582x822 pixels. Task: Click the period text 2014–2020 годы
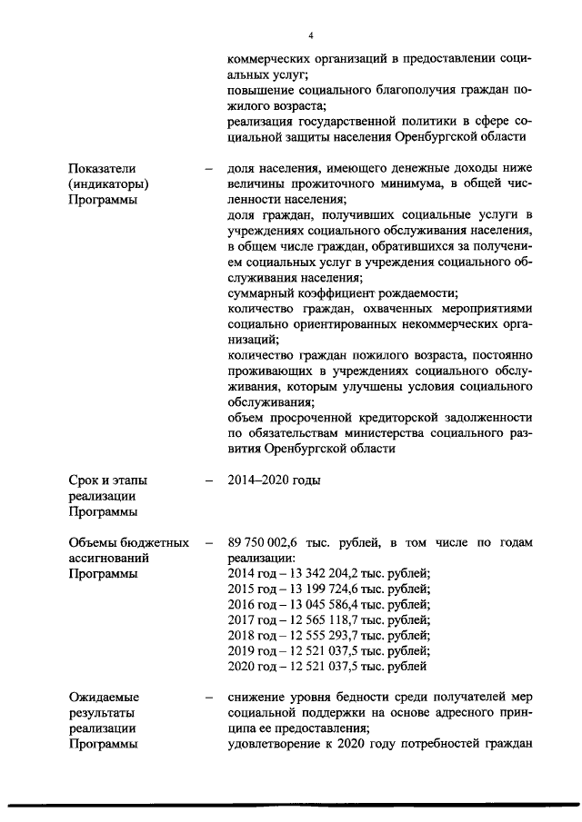(274, 480)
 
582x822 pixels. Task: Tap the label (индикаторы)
(108, 183)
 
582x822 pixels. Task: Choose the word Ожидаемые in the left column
(104, 698)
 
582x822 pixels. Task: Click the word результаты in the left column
(103, 713)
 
